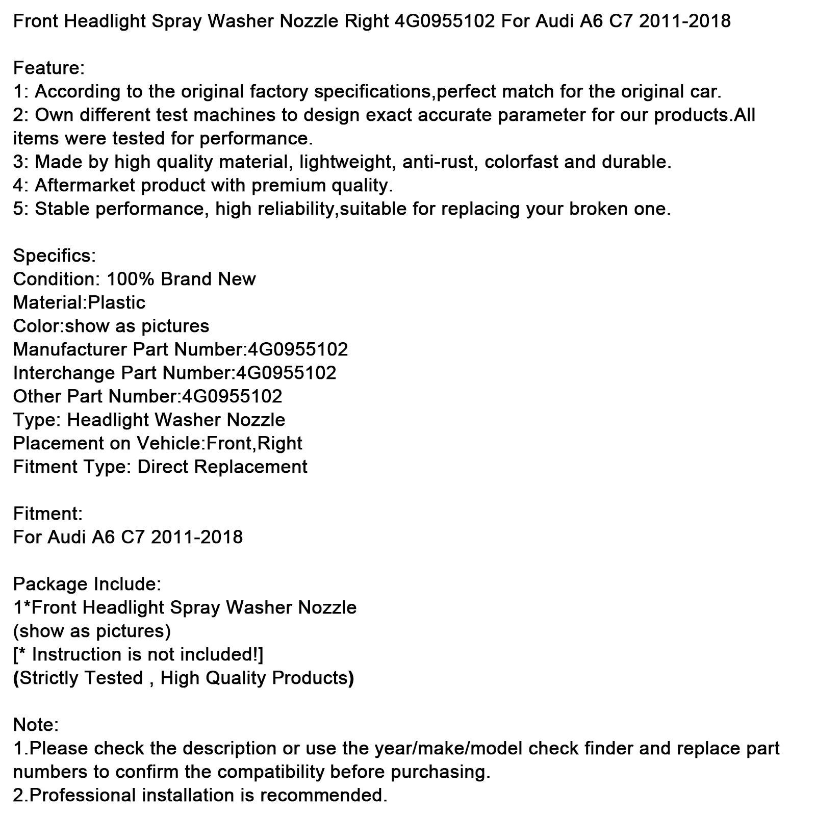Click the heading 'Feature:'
48,68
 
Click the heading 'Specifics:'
54,256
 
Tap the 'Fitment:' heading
47,514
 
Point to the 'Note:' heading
36,725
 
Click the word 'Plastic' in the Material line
117,302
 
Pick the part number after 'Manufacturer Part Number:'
298,349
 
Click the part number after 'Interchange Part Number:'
286,373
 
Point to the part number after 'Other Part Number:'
232,396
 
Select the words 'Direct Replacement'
222,467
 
